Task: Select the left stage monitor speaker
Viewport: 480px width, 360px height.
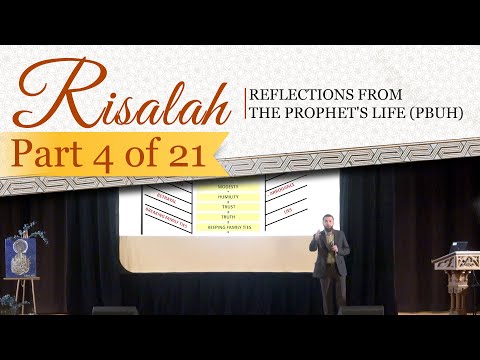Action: [x=115, y=311]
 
